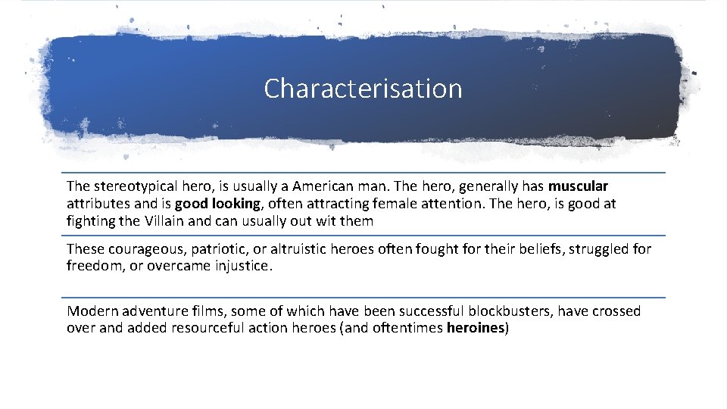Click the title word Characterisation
(363, 89)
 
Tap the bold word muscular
(579, 186)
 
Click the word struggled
(594, 249)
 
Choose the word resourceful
(197, 329)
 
